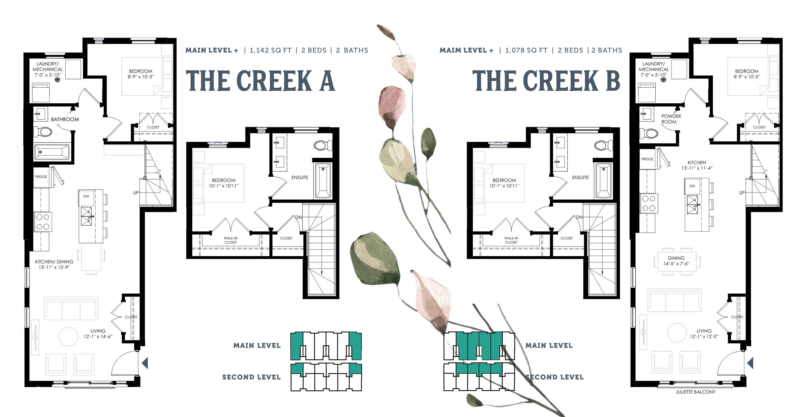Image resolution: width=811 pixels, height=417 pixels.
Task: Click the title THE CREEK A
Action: [260, 81]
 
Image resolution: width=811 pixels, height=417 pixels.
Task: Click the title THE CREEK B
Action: [546, 81]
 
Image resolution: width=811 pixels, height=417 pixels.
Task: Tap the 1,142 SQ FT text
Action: [271, 50]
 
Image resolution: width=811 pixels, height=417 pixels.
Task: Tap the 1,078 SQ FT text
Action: [527, 50]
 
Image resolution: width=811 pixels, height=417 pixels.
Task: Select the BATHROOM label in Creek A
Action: [65, 120]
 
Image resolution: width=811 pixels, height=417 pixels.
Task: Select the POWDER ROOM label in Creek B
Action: [671, 119]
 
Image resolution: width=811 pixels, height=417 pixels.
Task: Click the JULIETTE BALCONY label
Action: [696, 392]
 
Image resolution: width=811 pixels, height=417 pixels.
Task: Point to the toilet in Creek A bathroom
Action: [43, 132]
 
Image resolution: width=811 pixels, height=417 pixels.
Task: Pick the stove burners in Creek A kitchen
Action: [43, 222]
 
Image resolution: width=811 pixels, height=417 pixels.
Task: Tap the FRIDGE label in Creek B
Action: [647, 159]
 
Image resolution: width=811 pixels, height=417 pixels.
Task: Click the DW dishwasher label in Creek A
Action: [86, 196]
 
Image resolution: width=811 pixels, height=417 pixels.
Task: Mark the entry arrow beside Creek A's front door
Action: [145, 363]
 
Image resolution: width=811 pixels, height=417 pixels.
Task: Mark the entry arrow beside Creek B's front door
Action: [750, 363]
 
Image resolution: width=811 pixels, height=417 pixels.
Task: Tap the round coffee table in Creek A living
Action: [69, 337]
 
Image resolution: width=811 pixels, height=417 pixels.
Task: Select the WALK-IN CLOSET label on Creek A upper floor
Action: [231, 240]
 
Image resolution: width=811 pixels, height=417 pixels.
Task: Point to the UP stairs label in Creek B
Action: [742, 193]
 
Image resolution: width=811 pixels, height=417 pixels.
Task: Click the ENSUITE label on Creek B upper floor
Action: [580, 178]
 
